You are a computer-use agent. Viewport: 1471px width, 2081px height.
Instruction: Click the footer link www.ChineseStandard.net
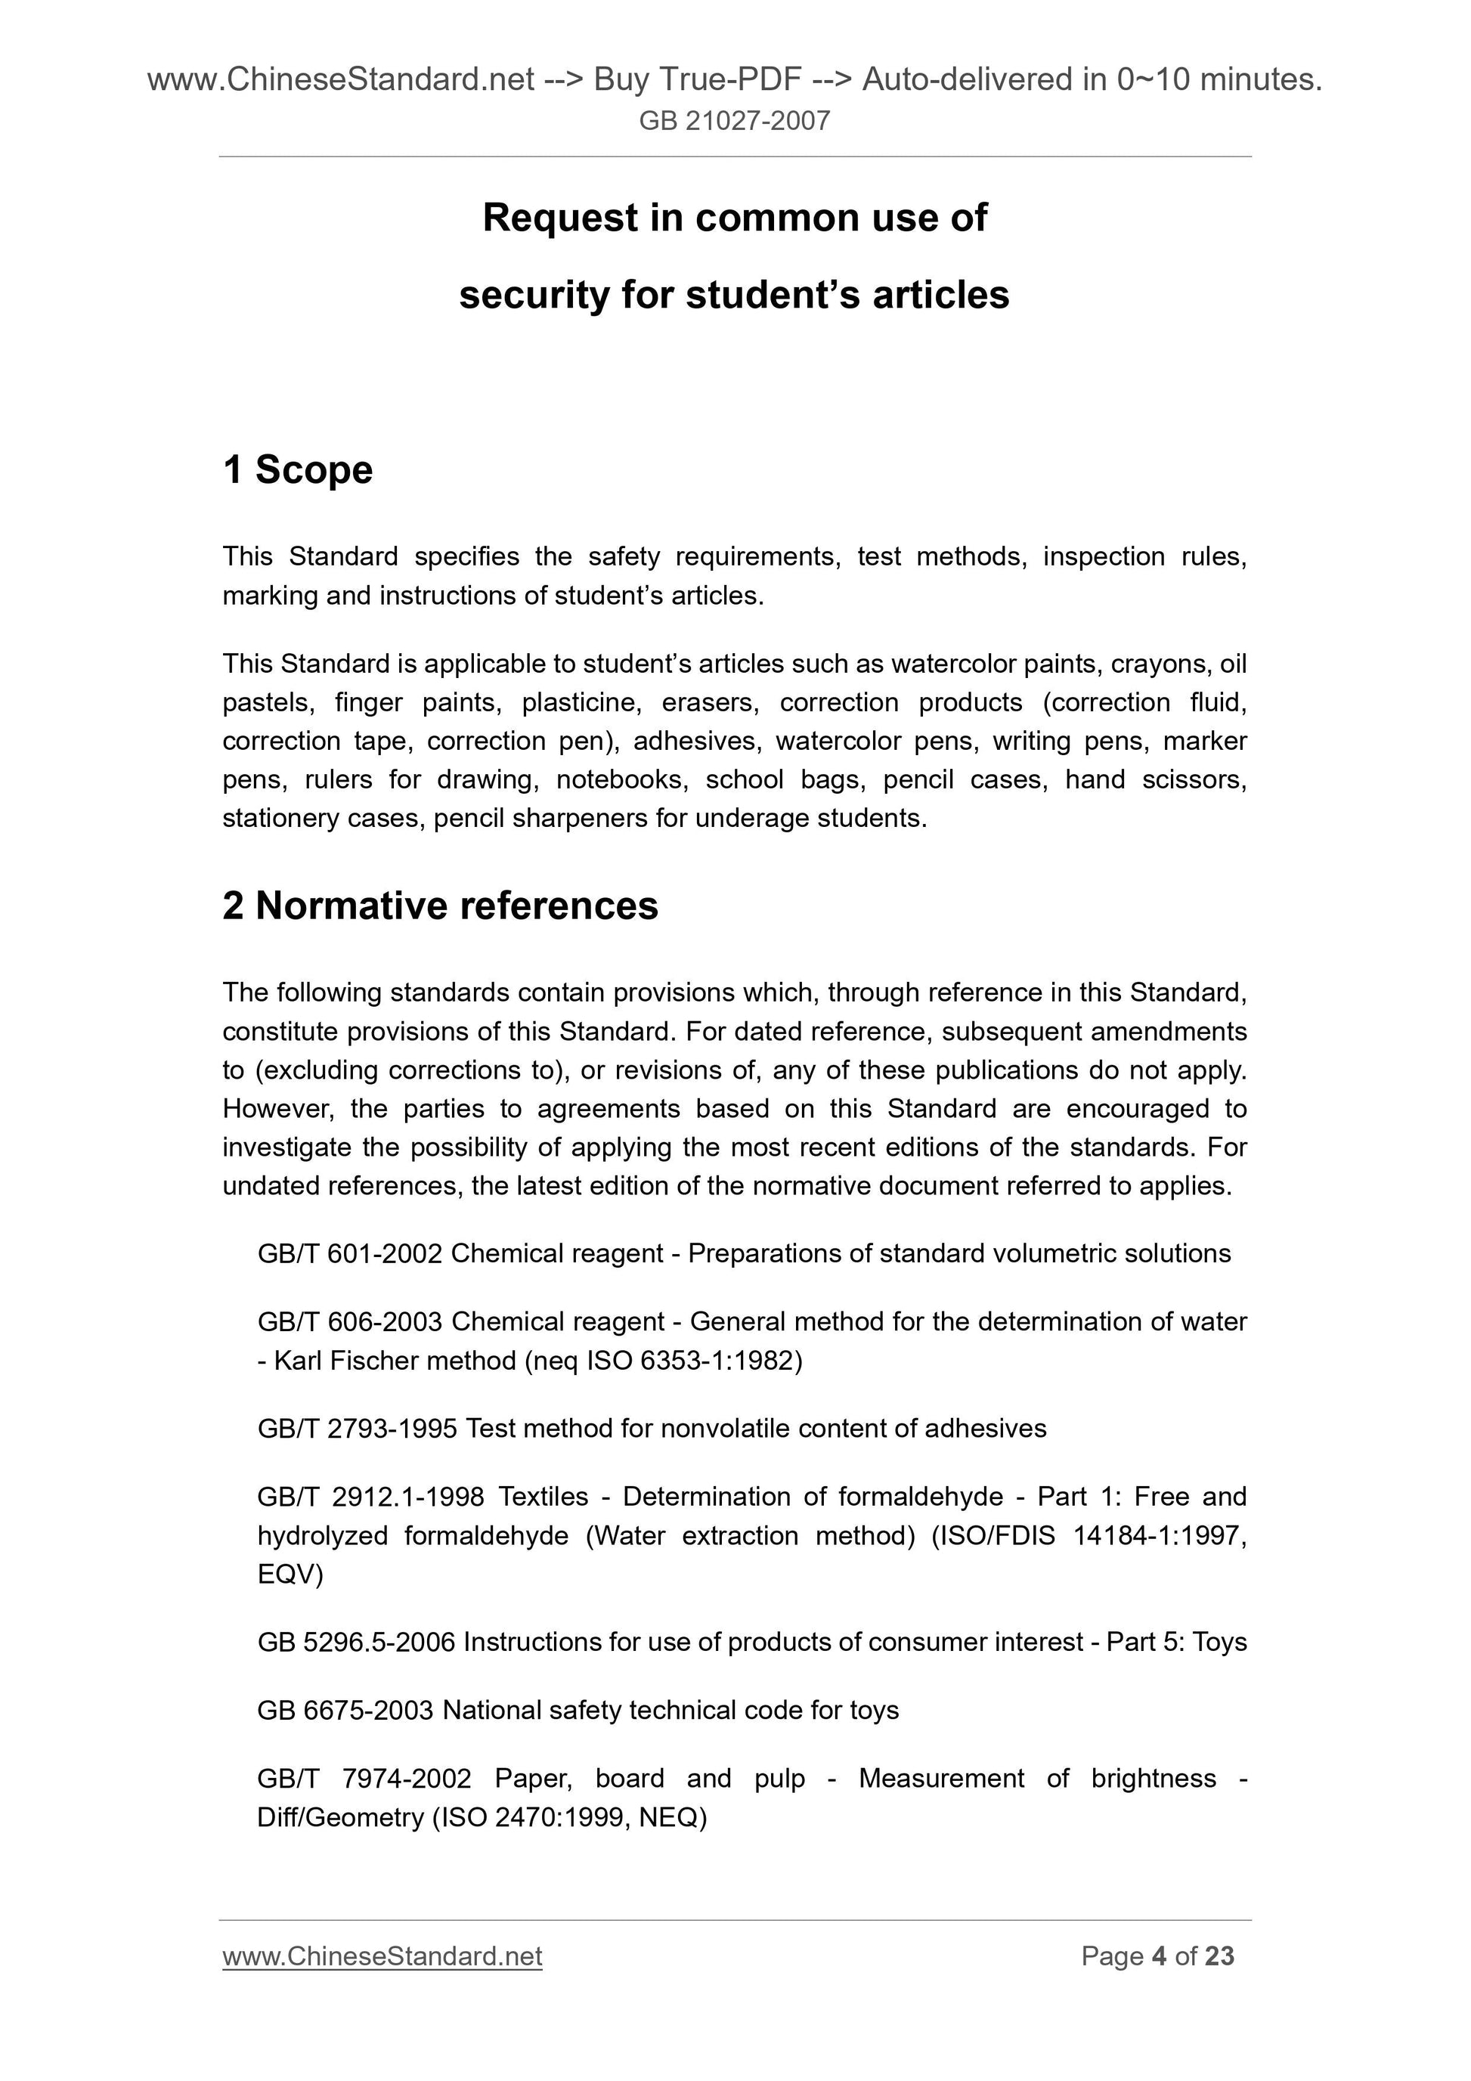tap(382, 1957)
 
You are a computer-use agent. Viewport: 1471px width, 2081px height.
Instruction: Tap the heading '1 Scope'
tap(297, 469)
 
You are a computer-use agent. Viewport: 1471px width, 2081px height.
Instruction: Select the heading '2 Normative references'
tap(441, 906)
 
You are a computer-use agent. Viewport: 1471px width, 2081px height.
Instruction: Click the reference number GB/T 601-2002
tap(350, 1253)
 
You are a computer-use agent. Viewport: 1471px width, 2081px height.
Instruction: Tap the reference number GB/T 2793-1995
tap(357, 1429)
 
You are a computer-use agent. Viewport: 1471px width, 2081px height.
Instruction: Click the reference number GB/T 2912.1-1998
tap(370, 1497)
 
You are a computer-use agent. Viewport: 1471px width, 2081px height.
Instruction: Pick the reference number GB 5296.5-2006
tap(356, 1643)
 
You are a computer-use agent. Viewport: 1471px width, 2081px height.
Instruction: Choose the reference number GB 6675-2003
tap(346, 1711)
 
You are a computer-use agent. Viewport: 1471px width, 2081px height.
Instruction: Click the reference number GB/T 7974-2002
tap(364, 1779)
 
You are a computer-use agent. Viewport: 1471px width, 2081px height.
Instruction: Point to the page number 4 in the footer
tap(1158, 1957)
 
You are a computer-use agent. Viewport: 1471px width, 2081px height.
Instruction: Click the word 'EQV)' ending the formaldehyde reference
tap(290, 1575)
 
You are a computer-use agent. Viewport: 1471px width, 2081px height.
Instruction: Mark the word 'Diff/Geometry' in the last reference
tap(340, 1817)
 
